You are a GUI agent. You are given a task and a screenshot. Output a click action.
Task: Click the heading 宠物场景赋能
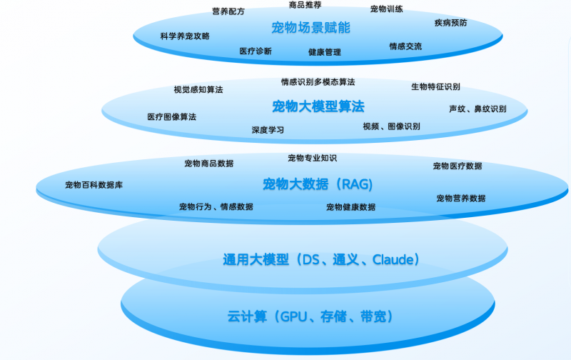click(x=310, y=28)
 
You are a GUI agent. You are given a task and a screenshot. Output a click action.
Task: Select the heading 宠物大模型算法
click(x=318, y=106)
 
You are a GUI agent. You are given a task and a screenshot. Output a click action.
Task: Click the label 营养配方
click(x=228, y=11)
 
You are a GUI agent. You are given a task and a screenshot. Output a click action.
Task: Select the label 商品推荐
click(x=305, y=5)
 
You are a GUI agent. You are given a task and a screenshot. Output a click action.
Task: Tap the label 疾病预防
click(x=451, y=23)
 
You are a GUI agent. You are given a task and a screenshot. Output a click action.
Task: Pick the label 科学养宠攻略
click(x=185, y=36)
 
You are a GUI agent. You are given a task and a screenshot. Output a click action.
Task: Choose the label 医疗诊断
click(x=256, y=51)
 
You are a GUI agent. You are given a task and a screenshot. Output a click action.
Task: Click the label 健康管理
click(x=325, y=52)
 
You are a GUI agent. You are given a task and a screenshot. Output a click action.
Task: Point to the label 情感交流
click(x=405, y=46)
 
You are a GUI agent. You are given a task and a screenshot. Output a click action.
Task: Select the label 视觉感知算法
click(x=198, y=90)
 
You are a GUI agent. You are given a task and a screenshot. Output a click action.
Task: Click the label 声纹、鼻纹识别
click(x=477, y=109)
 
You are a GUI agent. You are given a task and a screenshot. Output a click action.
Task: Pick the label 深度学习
click(x=268, y=130)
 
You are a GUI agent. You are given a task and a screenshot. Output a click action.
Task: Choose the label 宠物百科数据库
click(x=94, y=185)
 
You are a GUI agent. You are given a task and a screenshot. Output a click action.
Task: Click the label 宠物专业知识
click(x=312, y=158)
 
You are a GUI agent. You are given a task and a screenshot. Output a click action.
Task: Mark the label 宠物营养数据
click(x=461, y=198)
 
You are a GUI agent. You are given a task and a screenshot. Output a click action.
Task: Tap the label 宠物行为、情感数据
click(x=216, y=207)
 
